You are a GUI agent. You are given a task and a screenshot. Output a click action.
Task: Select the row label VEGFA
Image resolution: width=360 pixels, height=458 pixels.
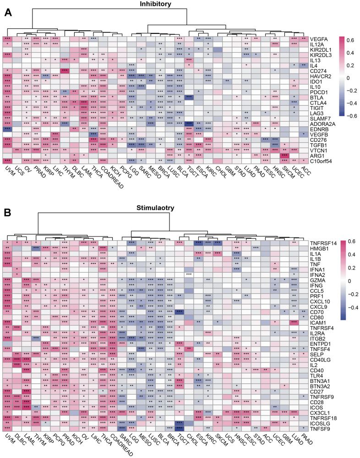click(320, 39)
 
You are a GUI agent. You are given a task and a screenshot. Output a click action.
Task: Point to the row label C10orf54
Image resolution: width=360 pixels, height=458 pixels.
click(323, 161)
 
